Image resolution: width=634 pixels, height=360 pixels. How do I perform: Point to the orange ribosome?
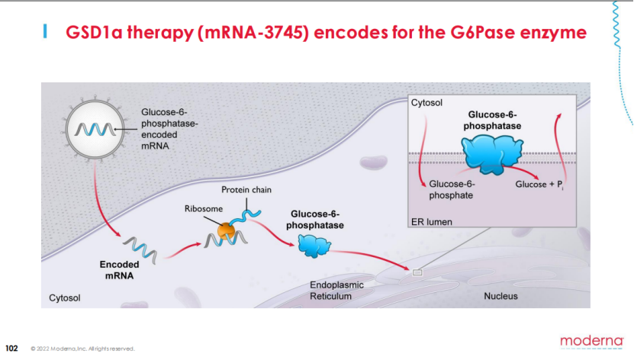pyautogui.click(x=226, y=231)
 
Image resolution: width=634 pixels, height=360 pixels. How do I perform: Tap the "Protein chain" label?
pyautogui.click(x=246, y=189)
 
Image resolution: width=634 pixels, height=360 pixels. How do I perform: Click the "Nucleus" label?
pyautogui.click(x=500, y=296)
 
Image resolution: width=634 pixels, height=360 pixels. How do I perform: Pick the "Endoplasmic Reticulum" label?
pyautogui.click(x=336, y=291)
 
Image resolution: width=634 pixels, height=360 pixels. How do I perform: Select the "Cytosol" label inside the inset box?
pyautogui.click(x=426, y=102)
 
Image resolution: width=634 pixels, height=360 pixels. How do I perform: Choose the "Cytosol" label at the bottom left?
pyautogui.click(x=65, y=297)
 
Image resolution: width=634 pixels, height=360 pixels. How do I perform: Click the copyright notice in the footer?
pyautogui.click(x=82, y=349)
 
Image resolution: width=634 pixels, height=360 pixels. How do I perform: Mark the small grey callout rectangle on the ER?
pyautogui.click(x=417, y=272)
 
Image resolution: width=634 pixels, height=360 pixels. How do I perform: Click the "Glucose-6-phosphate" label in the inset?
pyautogui.click(x=452, y=189)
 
